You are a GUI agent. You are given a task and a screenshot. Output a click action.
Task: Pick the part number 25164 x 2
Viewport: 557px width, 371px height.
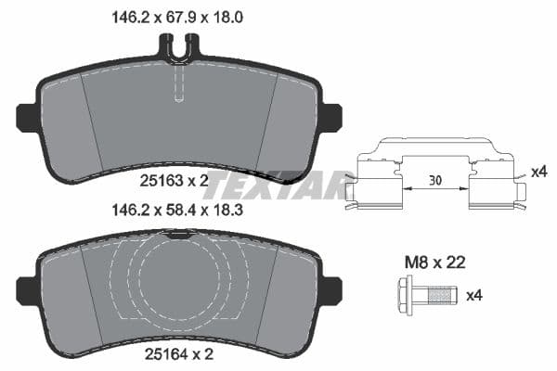coord(179,354)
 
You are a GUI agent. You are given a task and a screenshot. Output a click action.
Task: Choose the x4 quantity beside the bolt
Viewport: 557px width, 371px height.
coord(473,296)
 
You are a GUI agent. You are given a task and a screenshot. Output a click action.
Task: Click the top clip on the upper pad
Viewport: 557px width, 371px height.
coord(180,44)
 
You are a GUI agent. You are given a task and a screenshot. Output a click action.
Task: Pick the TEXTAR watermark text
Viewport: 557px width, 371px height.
coord(278,185)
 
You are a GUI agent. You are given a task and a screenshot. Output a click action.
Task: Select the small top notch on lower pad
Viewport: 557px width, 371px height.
coord(180,236)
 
